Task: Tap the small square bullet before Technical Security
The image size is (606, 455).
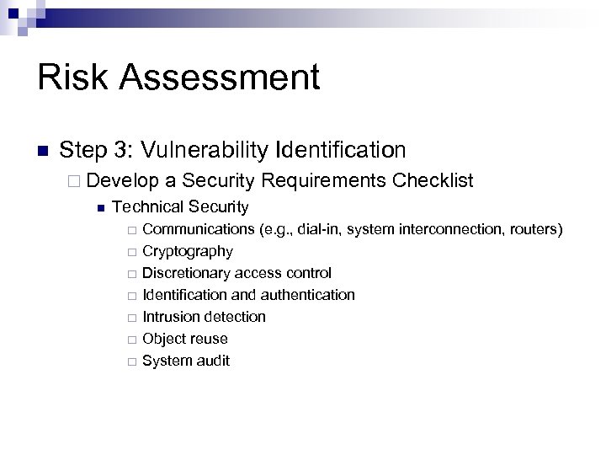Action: (x=100, y=207)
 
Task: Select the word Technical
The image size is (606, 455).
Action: (x=148, y=206)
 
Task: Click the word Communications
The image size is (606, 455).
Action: (x=199, y=229)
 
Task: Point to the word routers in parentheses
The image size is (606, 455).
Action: (x=535, y=229)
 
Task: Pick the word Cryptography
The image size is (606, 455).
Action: (x=188, y=251)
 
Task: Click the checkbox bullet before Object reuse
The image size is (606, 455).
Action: (x=130, y=340)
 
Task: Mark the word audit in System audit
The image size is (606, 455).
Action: (x=212, y=361)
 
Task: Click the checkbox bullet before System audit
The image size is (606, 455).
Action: (x=130, y=361)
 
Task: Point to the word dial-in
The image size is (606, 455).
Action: (x=319, y=229)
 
